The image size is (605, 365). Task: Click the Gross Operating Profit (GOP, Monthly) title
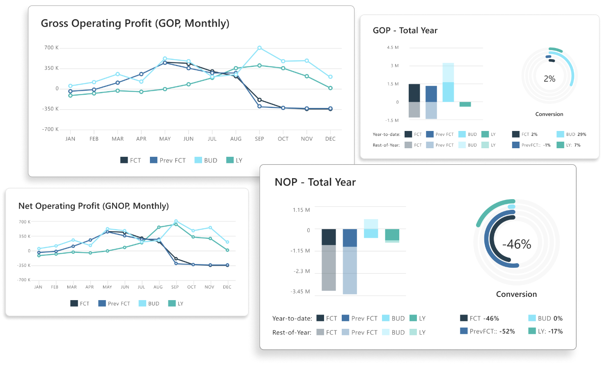(x=135, y=23)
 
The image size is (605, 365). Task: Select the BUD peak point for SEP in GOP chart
(x=260, y=48)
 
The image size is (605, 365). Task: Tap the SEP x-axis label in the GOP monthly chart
(x=260, y=139)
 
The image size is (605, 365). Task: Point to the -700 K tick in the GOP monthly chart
(x=51, y=129)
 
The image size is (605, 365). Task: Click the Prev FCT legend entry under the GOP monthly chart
(x=168, y=160)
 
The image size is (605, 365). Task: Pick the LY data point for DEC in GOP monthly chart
(x=330, y=88)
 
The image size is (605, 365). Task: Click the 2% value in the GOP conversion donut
(x=549, y=79)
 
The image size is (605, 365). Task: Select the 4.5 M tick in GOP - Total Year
(x=393, y=48)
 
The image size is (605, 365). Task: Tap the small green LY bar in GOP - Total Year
(x=465, y=104)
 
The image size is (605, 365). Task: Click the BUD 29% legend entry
(x=571, y=134)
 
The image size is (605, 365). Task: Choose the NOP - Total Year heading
(x=315, y=182)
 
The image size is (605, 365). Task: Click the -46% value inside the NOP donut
(x=517, y=244)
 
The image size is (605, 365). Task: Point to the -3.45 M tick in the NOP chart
(x=300, y=292)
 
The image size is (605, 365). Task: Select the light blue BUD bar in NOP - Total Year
(x=371, y=229)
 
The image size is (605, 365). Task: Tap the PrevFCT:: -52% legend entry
(x=488, y=331)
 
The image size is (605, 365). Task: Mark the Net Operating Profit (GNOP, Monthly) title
(x=94, y=206)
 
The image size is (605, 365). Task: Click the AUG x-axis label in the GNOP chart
(x=158, y=287)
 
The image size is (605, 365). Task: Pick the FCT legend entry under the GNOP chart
(x=80, y=303)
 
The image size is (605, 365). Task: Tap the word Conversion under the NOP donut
(x=516, y=294)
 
